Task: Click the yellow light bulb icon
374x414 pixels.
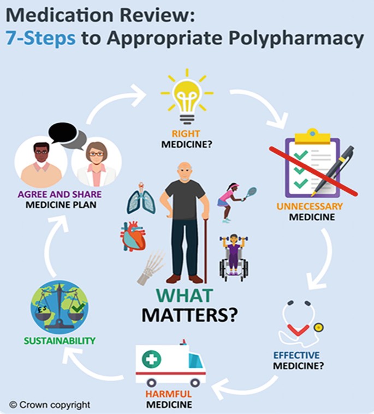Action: coord(187,98)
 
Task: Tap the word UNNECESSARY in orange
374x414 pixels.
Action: coord(310,207)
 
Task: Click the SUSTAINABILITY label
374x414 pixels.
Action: coord(59,341)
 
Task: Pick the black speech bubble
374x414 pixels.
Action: coord(62,131)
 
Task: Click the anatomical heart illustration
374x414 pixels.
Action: coord(134,237)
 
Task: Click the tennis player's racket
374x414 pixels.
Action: coord(250,193)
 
